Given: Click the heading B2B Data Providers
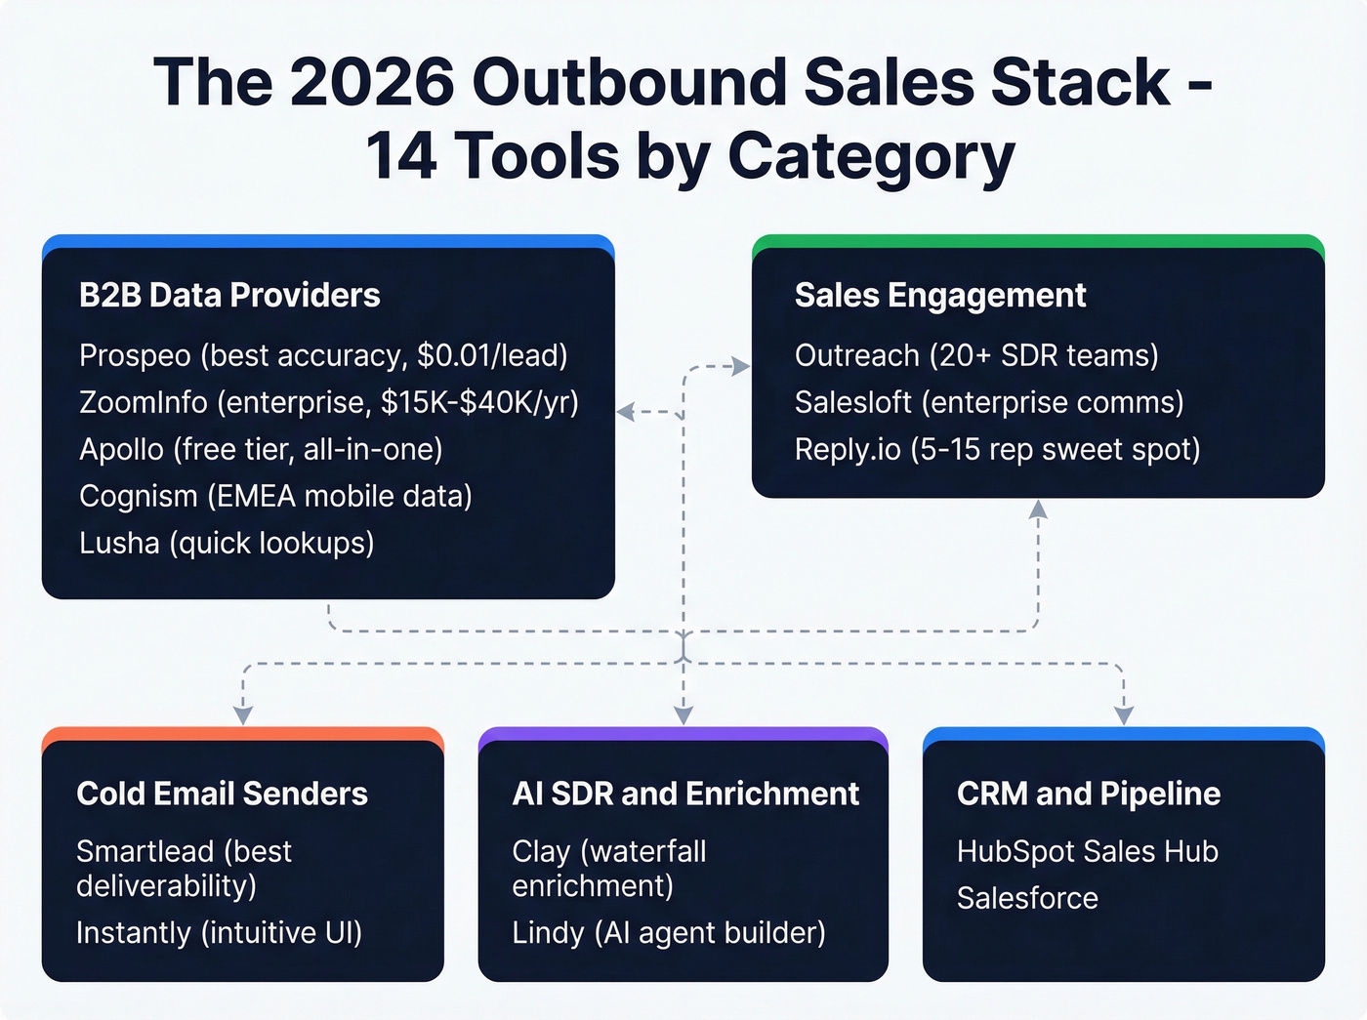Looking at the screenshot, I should (229, 295).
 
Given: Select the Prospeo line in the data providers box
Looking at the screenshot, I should (323, 355).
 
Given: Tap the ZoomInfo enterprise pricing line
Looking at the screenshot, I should (329, 402).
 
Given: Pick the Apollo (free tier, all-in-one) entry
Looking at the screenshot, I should (261, 449).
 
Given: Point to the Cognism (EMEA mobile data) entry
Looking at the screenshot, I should (275, 496).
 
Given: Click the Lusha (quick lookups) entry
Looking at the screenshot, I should (227, 543).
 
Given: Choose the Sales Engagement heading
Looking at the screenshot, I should (939, 295).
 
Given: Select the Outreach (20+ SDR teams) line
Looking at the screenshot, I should (976, 355).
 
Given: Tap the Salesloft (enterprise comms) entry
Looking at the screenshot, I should (989, 402).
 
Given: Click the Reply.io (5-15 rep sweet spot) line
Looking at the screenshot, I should (997, 449).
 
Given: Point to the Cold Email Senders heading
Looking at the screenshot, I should (222, 794).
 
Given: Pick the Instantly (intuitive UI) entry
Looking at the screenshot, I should (219, 932).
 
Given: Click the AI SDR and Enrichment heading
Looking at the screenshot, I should (685, 794).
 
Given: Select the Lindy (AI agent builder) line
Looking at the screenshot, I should (669, 932).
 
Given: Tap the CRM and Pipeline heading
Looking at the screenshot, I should (1089, 794).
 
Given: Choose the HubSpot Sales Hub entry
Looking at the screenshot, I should (1087, 851).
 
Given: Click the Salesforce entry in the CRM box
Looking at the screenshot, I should (1027, 898).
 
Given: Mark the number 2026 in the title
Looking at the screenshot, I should (372, 82).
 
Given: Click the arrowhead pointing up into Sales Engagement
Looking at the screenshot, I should (1038, 510).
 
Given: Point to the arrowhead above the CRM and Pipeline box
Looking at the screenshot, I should (1124, 715).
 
